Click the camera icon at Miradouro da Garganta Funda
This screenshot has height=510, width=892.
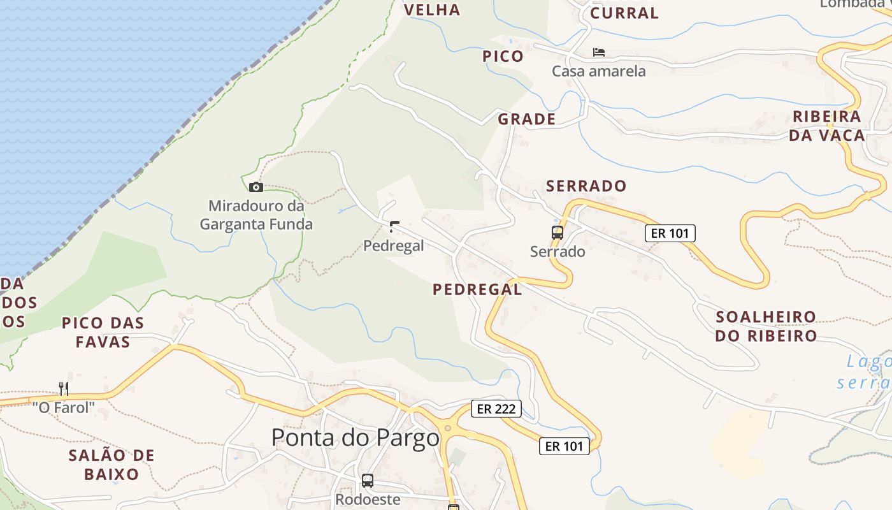(x=255, y=187)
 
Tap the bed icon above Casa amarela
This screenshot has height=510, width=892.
(x=598, y=52)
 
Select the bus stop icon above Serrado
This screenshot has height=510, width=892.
(x=557, y=233)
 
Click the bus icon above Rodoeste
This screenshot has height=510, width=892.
(x=368, y=480)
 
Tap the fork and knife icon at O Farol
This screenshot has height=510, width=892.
(x=64, y=388)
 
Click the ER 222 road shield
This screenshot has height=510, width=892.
(x=496, y=409)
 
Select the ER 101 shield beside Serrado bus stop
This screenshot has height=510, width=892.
(x=670, y=233)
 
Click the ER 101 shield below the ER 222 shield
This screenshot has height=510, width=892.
(x=565, y=446)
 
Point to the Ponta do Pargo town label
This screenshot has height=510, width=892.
(x=356, y=438)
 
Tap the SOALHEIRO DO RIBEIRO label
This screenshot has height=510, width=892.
(x=766, y=326)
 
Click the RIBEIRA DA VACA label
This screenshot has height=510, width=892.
(x=827, y=126)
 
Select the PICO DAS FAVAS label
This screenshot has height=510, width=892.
(x=103, y=332)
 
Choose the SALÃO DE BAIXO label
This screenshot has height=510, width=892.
(x=111, y=465)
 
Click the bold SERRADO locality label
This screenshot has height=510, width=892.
(x=586, y=186)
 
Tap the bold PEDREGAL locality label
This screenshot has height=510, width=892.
(x=477, y=289)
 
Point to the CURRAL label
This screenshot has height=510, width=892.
(x=624, y=13)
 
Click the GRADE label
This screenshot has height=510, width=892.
(x=527, y=119)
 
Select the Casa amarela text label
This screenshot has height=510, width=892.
(x=599, y=71)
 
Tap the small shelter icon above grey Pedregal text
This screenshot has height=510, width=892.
(x=394, y=227)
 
